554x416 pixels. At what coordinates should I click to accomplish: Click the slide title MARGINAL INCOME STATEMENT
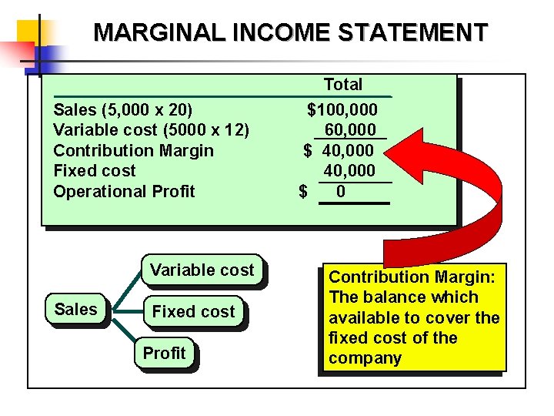coord(290,33)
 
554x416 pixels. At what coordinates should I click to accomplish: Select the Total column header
coord(342,85)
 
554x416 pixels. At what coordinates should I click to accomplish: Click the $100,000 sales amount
coord(342,109)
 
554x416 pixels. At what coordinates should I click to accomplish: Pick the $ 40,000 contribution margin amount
coord(339,150)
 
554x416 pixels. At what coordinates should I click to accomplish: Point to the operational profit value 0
coord(341,191)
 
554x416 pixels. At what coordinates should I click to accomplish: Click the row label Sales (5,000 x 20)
coord(123,109)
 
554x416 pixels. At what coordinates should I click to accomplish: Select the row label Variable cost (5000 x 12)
coord(151,129)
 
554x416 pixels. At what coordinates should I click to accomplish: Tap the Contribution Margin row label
coord(133,150)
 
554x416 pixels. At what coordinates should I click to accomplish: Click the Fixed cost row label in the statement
coord(94,170)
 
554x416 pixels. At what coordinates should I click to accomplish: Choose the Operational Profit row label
coord(124,191)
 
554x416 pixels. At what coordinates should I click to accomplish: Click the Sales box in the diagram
coord(76,310)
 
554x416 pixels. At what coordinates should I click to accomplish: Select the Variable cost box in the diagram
coord(202,270)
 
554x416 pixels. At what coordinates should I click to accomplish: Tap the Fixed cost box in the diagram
coord(193,312)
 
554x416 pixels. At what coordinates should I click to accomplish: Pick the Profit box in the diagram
coord(164,354)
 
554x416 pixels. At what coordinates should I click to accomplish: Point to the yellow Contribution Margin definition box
coord(413,317)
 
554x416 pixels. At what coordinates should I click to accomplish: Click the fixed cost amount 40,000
coord(349,170)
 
